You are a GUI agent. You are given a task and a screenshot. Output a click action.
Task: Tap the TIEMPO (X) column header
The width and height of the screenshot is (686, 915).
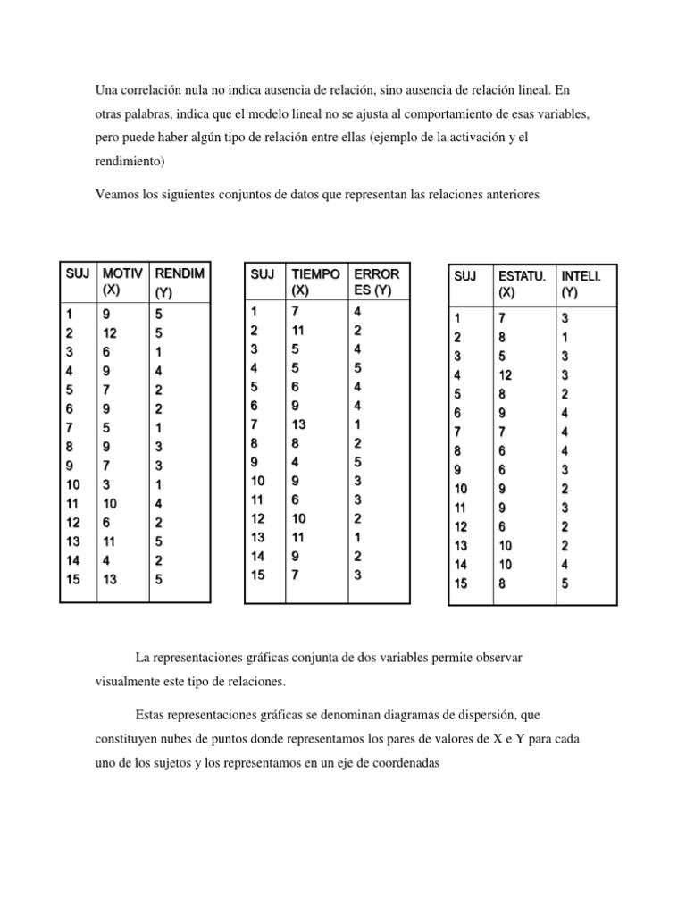315,281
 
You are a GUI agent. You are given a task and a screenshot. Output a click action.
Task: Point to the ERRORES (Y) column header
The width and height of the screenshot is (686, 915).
376,281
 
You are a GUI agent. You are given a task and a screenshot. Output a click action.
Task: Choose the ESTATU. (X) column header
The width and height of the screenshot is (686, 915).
521,284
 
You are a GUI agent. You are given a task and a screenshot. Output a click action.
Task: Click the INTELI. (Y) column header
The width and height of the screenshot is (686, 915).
581,284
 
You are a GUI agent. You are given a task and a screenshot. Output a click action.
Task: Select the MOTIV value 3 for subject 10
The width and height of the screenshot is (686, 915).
106,483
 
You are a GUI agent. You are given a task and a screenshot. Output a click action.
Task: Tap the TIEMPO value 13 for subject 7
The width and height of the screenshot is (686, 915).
298,424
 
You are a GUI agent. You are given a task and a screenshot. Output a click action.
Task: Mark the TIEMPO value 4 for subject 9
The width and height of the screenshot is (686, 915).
296,462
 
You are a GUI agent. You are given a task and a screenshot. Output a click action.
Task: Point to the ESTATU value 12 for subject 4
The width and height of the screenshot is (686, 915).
505,375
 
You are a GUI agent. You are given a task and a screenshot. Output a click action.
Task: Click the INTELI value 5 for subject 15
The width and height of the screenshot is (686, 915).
565,584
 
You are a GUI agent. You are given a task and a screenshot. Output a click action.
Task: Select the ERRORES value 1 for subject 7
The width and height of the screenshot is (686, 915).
357,424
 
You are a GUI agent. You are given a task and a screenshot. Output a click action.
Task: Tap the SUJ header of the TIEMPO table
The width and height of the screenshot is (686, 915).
262,274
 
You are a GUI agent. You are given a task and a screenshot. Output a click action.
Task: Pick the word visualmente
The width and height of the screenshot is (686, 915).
130,681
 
